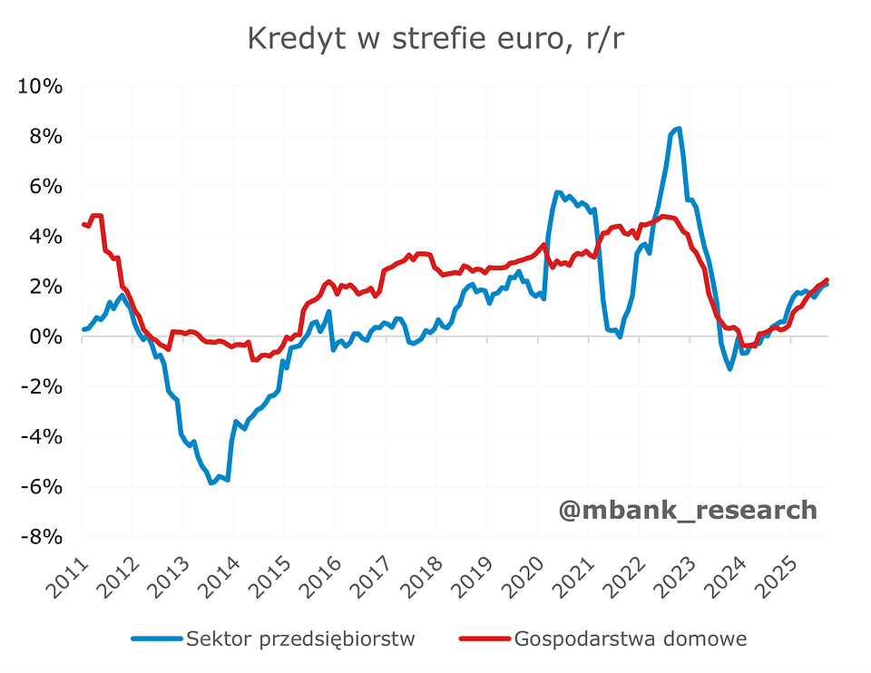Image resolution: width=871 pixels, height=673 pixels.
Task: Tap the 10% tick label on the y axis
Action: (x=39, y=87)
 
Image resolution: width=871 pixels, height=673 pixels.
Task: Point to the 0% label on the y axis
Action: (x=45, y=336)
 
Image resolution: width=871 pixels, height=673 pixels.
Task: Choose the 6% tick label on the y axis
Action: (x=44, y=187)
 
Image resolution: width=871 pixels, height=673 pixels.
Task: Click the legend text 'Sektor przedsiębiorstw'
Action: (x=300, y=639)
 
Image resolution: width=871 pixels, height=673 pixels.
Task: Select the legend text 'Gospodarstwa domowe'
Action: (x=630, y=639)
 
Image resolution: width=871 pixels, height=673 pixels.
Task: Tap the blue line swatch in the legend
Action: (x=156, y=639)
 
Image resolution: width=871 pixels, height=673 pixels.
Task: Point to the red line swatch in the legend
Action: (x=483, y=639)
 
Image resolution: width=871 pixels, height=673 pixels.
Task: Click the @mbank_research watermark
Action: (x=688, y=510)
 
